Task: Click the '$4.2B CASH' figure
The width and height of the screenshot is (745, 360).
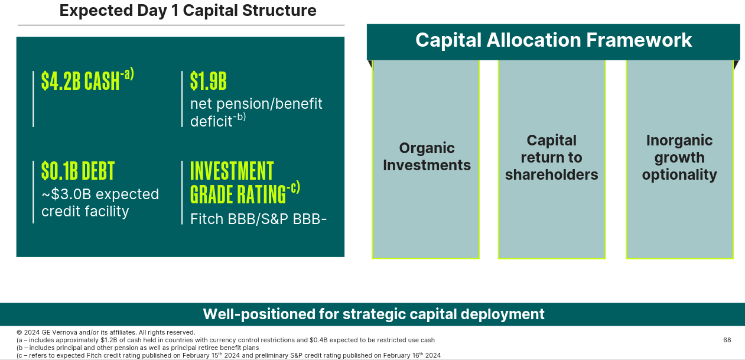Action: [80, 81]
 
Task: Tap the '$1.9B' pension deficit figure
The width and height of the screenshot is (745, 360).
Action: [209, 81]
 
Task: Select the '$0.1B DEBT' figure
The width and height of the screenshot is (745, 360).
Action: [78, 171]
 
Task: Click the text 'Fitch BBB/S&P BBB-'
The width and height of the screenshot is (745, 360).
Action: [258, 219]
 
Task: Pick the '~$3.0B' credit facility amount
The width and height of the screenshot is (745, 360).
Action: [66, 194]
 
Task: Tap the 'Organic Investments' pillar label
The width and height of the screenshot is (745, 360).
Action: [427, 157]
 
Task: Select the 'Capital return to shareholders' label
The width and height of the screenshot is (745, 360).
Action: [551, 157]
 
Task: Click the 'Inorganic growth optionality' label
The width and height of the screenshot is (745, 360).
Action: [679, 157]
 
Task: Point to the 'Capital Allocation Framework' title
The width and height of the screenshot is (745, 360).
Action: [554, 40]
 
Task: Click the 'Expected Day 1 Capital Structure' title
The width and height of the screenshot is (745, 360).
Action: [188, 10]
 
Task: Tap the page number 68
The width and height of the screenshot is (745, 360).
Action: [727, 340]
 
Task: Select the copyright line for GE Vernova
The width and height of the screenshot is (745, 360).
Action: [106, 332]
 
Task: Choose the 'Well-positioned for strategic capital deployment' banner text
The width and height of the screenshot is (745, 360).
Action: [374, 314]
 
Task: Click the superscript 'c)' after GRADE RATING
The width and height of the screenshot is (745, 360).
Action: [295, 187]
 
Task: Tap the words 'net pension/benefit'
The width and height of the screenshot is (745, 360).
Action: [256, 104]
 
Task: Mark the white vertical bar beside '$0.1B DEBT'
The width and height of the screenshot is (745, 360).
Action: [33, 192]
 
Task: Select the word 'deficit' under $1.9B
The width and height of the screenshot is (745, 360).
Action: [211, 121]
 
